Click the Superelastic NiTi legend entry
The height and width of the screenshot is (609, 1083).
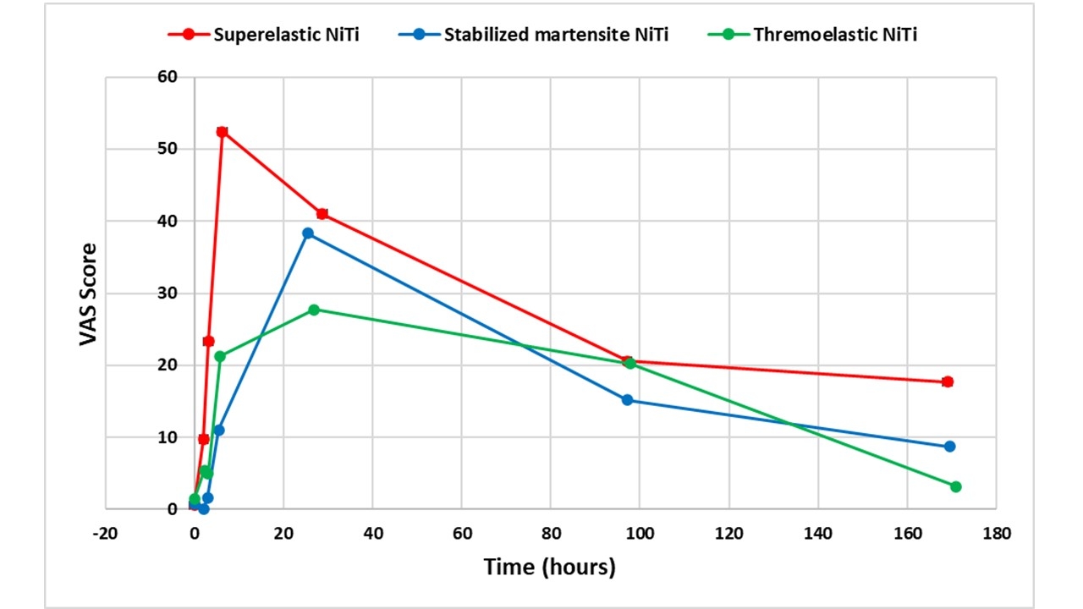click(x=268, y=35)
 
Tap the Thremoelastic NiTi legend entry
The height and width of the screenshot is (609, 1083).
click(x=812, y=35)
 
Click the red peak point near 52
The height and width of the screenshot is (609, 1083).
click(x=222, y=132)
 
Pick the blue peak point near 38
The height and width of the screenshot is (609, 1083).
click(x=308, y=233)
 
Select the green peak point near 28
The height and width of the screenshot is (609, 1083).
click(x=314, y=310)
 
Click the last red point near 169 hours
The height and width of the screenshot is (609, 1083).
click(x=948, y=381)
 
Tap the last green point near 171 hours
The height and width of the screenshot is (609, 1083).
click(x=956, y=486)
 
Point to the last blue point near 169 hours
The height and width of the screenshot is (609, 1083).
click(x=949, y=446)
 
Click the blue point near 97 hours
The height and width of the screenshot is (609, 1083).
click(x=627, y=400)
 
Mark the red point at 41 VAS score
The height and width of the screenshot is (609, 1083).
click(x=322, y=214)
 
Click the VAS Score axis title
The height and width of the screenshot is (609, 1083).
click(x=89, y=294)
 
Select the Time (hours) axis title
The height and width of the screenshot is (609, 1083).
click(x=549, y=567)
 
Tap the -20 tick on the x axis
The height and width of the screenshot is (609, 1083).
click(x=106, y=534)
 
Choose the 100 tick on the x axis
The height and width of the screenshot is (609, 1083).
click(x=640, y=534)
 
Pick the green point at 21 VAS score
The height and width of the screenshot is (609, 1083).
click(x=220, y=356)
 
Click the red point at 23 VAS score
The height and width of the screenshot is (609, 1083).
click(x=208, y=341)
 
